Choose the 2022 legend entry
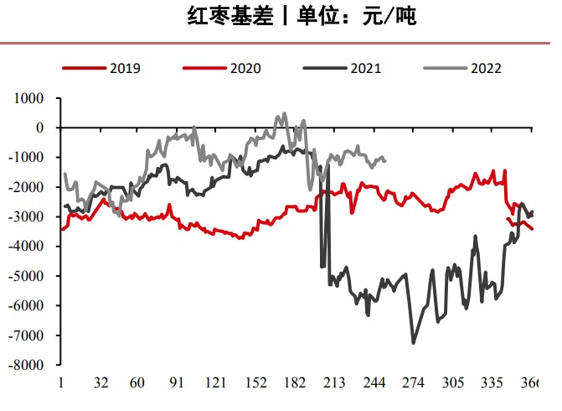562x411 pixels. (x=485, y=68)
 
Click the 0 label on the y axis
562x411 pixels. (x=39, y=127)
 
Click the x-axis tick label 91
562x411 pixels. (x=177, y=383)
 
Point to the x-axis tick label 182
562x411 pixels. (x=295, y=383)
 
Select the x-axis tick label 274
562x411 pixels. (x=414, y=383)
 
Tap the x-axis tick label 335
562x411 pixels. (x=492, y=383)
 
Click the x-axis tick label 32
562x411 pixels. (x=101, y=383)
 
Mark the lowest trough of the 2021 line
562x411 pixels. (x=413, y=342)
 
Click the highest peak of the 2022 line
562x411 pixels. (x=284, y=113)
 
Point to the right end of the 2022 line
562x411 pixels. (x=384, y=160)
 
